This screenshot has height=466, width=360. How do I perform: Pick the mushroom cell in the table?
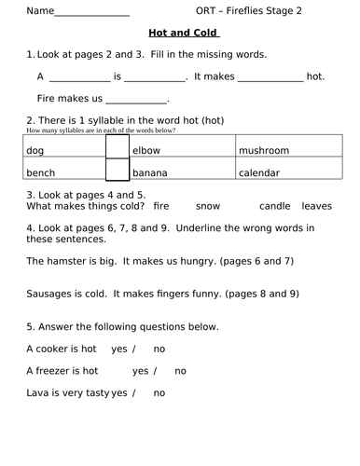click(x=288, y=149)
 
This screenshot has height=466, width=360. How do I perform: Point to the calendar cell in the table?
click(x=288, y=172)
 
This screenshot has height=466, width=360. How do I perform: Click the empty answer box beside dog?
click(x=116, y=149)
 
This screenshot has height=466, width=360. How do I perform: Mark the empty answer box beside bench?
click(x=116, y=171)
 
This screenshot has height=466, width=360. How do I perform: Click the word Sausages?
click(x=52, y=293)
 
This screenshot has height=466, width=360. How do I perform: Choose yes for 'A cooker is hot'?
click(x=118, y=349)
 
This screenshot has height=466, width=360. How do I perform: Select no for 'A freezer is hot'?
click(x=180, y=370)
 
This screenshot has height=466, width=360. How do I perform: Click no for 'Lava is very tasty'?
click(x=159, y=392)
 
